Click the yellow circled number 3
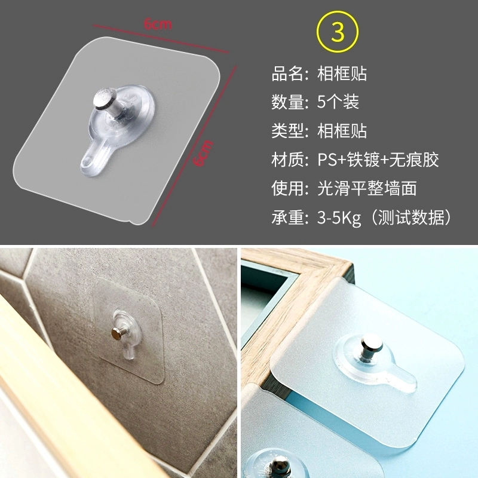tap(338, 32)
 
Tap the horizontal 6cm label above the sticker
tap(158, 24)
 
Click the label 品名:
tap(290, 73)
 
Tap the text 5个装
tap(338, 102)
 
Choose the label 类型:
tap(290, 131)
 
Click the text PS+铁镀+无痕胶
tap(378, 159)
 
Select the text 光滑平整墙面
tap(367, 188)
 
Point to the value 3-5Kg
tap(339, 217)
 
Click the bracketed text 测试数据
tap(411, 217)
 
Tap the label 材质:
tap(290, 160)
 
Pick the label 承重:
tap(290, 217)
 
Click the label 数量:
tap(290, 102)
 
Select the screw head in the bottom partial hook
tap(279, 467)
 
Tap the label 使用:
tap(290, 188)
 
